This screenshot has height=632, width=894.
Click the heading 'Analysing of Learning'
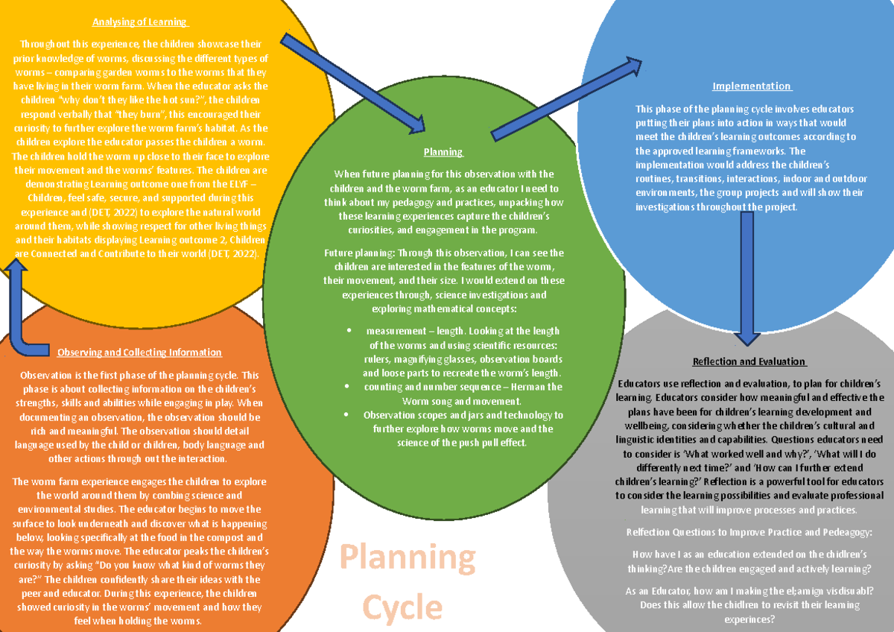(139, 22)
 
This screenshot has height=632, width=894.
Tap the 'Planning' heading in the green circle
(443, 152)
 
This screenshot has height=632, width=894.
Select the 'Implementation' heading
(752, 86)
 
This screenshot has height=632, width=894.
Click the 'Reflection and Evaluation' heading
(749, 361)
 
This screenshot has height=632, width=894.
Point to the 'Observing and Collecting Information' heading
(139, 353)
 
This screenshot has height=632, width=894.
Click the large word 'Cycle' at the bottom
(402, 607)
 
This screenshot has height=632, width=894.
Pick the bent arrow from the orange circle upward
(30, 313)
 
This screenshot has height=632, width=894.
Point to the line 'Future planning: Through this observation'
(443, 253)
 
